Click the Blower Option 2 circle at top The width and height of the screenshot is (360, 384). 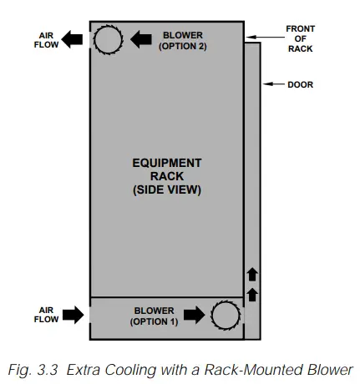pos(108,39)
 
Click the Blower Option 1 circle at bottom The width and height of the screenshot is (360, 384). pos(226,316)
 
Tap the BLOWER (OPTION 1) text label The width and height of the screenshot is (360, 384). pos(155,316)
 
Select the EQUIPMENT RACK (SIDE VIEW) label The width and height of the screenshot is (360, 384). pos(167,176)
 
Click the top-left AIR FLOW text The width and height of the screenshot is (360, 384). pos(48,40)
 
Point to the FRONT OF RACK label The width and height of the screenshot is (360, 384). pos(301,39)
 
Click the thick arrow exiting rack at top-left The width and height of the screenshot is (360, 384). pos(76,39)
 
